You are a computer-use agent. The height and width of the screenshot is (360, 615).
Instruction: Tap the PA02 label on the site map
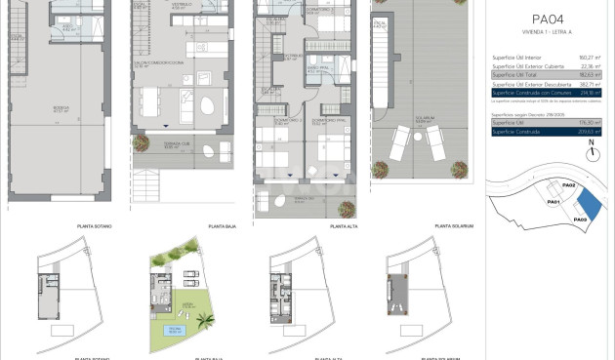pyautogui.click(x=569, y=184)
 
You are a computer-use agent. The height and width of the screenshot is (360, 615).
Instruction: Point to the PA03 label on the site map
pyautogui.click(x=580, y=220)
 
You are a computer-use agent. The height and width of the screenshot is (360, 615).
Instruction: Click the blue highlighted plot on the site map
pyautogui.click(x=590, y=204)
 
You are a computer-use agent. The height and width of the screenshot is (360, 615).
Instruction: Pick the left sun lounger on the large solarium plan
pyautogui.click(x=400, y=143)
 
